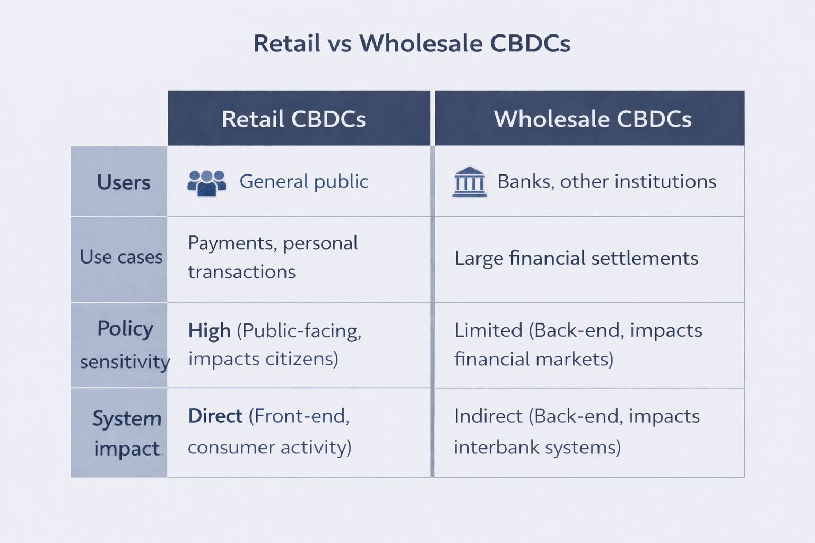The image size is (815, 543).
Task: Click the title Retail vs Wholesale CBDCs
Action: (x=412, y=43)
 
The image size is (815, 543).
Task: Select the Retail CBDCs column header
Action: (x=293, y=119)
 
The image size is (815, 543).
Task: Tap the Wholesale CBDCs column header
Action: (x=593, y=119)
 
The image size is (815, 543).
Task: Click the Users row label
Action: (x=124, y=182)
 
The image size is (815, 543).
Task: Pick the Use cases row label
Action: (x=121, y=257)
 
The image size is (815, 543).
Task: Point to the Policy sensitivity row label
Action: (x=125, y=345)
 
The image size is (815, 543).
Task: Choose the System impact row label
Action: (x=127, y=433)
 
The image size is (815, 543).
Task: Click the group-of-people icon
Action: (x=206, y=183)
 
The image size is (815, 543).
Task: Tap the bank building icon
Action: (x=470, y=182)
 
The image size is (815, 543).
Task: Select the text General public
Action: (x=304, y=181)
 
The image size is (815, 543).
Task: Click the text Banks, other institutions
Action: (x=607, y=181)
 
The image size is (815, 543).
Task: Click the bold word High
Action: (x=209, y=331)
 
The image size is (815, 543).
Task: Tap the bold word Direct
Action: (x=215, y=416)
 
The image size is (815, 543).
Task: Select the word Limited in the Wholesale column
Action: (x=488, y=330)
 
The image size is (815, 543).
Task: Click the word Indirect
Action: (x=488, y=416)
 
